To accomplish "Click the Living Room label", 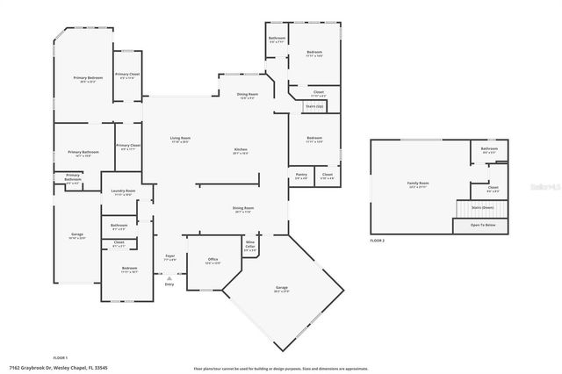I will tap(180, 140).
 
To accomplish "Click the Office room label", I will tap(213, 261).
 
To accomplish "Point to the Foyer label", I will tap(170, 258).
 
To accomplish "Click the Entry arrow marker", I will tap(169, 278).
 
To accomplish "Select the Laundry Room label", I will tap(123, 192).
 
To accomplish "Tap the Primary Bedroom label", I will tap(84, 79).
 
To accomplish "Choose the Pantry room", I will tap(300, 176).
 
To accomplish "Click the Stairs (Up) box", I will tap(314, 106).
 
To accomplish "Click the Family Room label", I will tap(417, 184).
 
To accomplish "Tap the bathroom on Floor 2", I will tap(489, 150).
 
